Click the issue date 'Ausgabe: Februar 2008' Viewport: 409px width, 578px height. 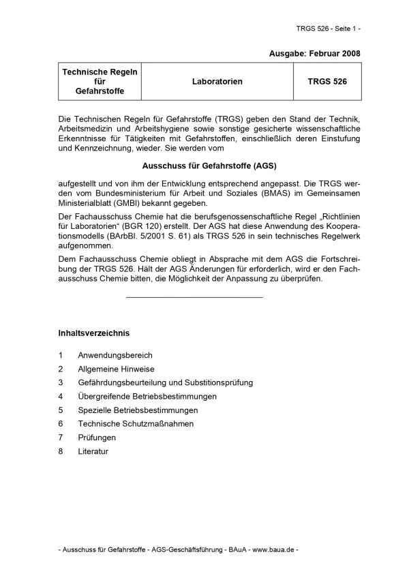click(315, 53)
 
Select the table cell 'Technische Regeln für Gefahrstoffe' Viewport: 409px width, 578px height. click(100, 81)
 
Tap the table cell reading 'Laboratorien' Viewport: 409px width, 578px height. click(217, 82)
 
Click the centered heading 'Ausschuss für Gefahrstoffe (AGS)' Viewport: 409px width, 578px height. click(209, 165)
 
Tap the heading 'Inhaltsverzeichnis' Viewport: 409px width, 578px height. click(94, 333)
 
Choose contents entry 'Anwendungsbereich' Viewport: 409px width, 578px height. click(115, 355)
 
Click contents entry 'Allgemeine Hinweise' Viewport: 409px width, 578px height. click(116, 369)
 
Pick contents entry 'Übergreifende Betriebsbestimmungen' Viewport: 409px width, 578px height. click(147, 396)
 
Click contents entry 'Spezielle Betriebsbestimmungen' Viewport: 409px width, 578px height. click(138, 410)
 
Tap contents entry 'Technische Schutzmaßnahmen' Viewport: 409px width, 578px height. click(136, 424)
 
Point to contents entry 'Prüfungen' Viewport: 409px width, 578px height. click(97, 438)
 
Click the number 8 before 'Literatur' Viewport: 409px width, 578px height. click(61, 451)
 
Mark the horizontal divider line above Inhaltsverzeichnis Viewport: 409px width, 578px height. click(194, 297)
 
